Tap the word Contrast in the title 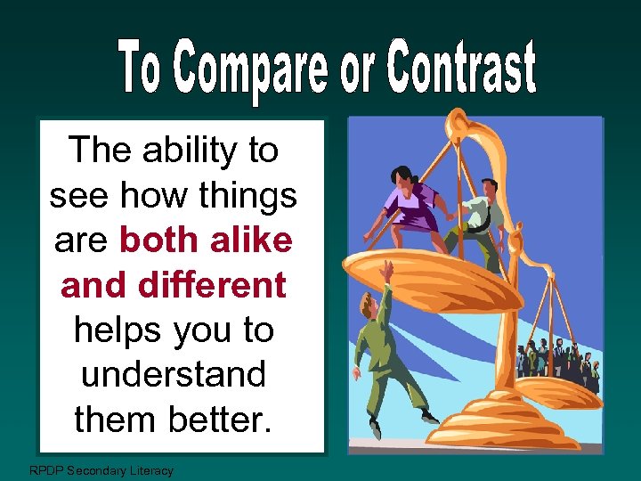point(463,69)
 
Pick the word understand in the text point(174,374)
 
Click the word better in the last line point(220,418)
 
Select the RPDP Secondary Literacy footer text point(101,470)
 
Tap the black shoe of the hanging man point(430,416)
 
